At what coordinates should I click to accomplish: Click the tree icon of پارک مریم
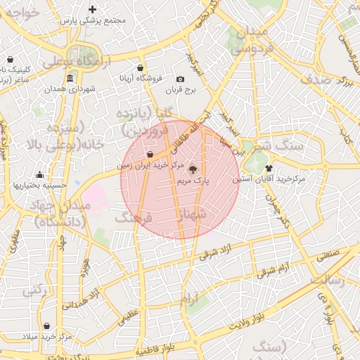(x=193, y=169)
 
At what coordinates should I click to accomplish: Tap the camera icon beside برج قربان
(x=181, y=79)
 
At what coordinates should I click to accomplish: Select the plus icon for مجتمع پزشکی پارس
(x=92, y=10)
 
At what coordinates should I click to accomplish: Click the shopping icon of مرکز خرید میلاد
(x=46, y=326)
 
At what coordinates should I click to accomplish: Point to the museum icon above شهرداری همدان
(x=70, y=78)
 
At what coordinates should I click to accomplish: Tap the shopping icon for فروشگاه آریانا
(x=141, y=67)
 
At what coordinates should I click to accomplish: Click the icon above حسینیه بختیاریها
(x=39, y=175)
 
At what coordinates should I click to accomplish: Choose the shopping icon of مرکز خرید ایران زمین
(x=150, y=155)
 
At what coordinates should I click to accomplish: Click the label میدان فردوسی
(x=250, y=41)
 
